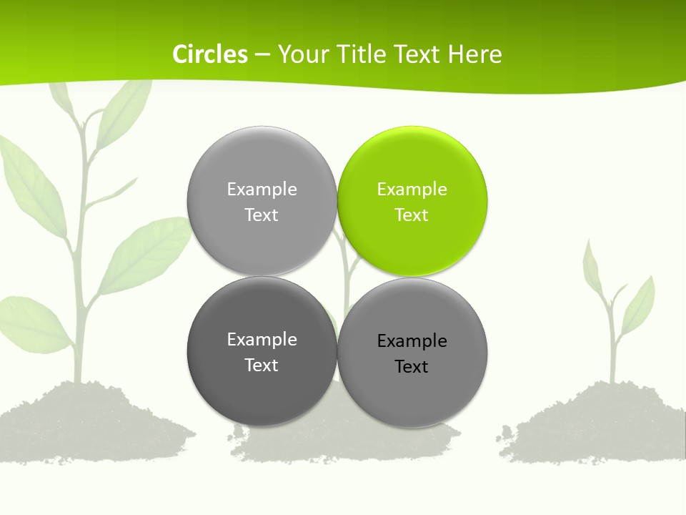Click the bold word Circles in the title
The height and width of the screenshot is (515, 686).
210,54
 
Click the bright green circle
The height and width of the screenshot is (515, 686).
412,201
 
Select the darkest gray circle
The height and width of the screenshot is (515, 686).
262,351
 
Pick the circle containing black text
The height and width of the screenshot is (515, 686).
412,353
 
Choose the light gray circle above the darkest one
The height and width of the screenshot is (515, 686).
262,201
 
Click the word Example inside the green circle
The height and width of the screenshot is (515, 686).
412,189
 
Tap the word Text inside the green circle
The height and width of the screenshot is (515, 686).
412,215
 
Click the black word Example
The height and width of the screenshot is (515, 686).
412,340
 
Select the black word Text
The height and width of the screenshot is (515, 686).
412,366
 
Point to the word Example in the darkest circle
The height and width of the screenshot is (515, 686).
262,339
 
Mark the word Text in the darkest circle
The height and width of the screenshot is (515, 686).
262,365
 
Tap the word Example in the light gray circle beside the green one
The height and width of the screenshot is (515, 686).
262,189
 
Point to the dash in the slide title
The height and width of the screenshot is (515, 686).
262,54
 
